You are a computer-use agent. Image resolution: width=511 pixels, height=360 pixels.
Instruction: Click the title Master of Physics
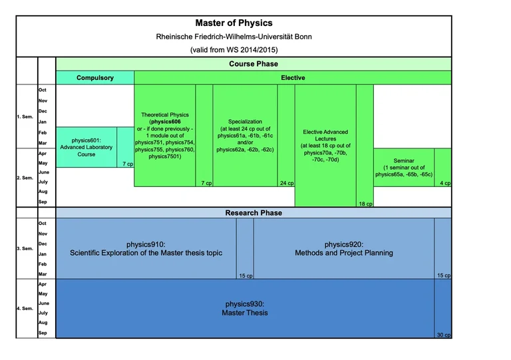[234, 23]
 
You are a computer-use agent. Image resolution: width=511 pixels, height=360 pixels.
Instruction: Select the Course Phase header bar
[254, 64]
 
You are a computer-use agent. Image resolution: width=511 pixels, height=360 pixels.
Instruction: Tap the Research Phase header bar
[254, 213]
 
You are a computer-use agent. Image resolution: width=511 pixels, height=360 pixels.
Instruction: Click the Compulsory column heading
[95, 78]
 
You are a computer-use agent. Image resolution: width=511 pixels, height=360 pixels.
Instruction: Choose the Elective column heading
[293, 78]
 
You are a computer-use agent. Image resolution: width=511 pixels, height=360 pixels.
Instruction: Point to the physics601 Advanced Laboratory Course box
[86, 147]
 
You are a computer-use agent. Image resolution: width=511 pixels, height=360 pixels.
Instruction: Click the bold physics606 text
[165, 122]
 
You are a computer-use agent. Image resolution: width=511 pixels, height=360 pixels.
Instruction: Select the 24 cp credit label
[286, 183]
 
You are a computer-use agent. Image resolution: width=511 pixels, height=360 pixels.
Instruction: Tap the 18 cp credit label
[365, 204]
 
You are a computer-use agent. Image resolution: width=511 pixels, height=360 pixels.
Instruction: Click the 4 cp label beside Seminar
[445, 183]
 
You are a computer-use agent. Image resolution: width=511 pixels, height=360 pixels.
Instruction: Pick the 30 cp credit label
[443, 334]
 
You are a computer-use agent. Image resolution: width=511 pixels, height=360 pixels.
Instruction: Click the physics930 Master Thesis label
[245, 308]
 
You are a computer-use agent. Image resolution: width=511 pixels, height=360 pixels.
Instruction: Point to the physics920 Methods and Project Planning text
[344, 248]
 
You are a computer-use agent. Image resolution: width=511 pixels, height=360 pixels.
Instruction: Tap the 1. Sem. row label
[25, 118]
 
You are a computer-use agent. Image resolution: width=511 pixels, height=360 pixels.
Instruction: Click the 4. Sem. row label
[25, 309]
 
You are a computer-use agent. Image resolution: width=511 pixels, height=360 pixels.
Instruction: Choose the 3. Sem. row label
[25, 248]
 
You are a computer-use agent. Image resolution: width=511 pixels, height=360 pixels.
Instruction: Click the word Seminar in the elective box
[404, 161]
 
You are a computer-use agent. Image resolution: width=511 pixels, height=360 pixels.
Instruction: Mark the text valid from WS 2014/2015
[234, 49]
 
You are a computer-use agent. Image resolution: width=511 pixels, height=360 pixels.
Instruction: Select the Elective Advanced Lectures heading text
[325, 136]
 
